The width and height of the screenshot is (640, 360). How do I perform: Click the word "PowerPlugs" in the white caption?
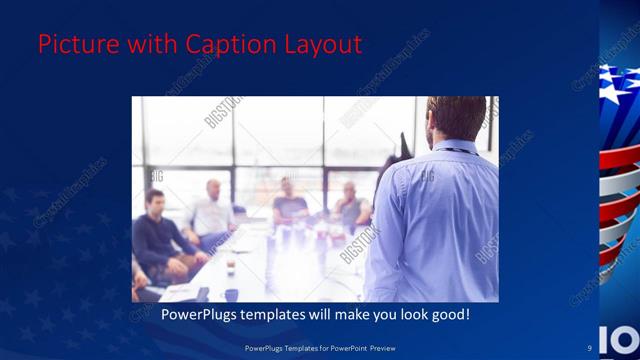coord(204,314)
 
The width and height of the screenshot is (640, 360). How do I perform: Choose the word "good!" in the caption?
coord(449,314)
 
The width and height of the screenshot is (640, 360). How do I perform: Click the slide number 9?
coord(590,347)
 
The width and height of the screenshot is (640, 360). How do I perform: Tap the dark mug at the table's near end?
coord(232,294)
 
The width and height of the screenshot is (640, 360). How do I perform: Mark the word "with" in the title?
coord(152,45)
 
